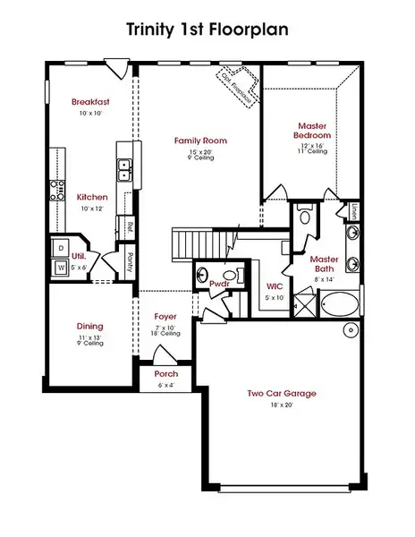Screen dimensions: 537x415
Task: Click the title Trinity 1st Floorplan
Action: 207,29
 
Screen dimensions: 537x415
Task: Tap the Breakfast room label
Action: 91,102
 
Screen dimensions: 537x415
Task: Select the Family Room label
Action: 200,141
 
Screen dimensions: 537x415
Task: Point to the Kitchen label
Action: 92,197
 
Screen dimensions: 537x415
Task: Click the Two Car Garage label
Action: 282,393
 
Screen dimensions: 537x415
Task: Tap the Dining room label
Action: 89,326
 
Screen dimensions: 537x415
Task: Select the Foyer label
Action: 165,317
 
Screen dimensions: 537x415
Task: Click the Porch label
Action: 165,373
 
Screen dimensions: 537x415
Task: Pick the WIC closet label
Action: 275,287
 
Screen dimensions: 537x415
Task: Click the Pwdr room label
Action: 219,284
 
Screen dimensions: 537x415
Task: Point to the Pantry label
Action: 131,260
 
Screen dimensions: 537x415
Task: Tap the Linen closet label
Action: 354,212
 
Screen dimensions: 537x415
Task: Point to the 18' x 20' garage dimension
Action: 282,405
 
